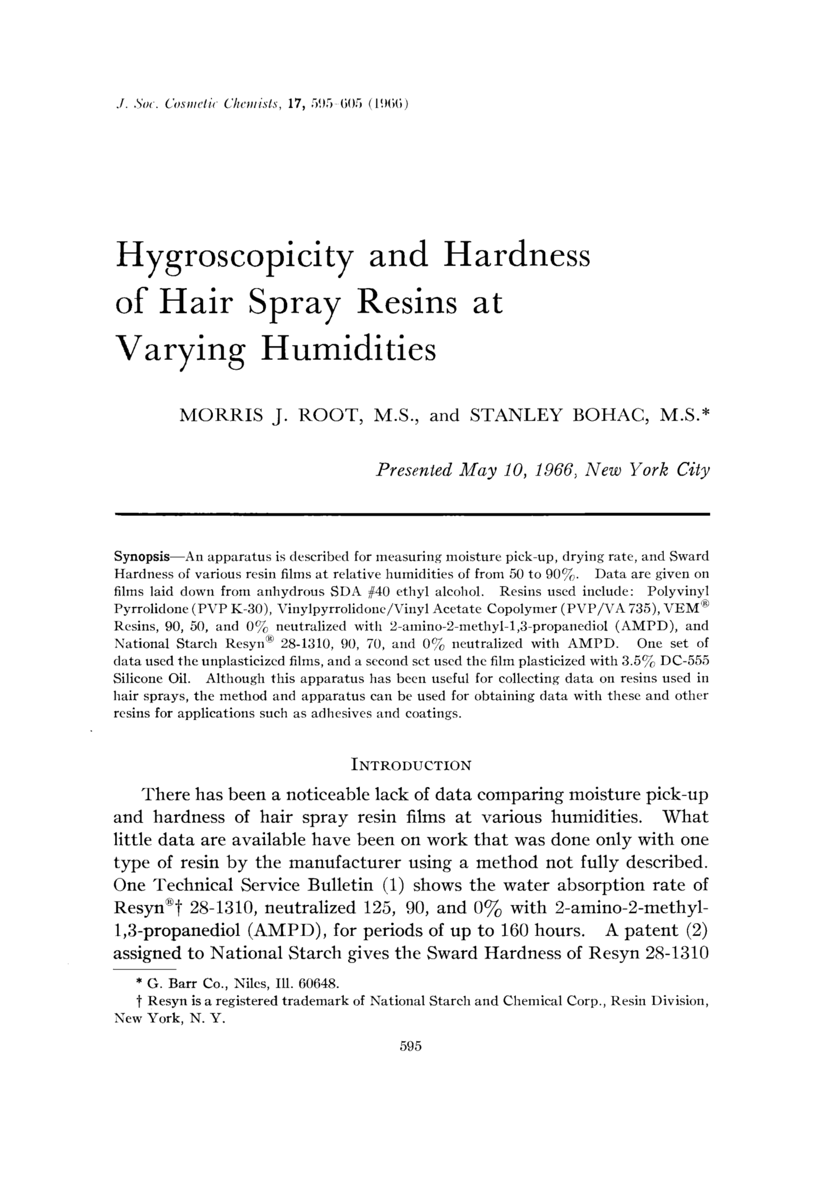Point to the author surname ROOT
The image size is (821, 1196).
[x=330, y=415]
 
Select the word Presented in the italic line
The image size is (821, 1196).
[x=414, y=470]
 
